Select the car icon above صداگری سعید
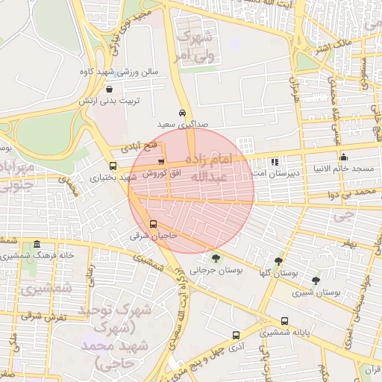coord(182,113)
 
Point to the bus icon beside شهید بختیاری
coord(113,166)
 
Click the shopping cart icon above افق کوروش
coord(161,162)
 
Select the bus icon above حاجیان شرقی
coord(153,224)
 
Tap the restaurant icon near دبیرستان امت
coord(275,162)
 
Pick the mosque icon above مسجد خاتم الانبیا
coord(343,157)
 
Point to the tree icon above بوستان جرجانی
coord(216,258)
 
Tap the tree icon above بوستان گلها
coord(278,262)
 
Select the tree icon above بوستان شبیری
coord(316,281)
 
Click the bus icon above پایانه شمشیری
coord(284,321)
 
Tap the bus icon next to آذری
coord(236,336)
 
